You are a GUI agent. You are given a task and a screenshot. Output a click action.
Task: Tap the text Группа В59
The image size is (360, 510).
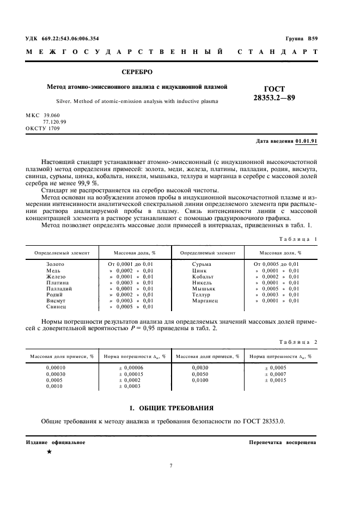tap(302, 39)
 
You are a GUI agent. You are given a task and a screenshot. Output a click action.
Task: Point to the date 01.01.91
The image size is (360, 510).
tap(306, 141)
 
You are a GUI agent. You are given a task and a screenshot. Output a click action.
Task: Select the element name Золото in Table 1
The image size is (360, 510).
tap(55, 264)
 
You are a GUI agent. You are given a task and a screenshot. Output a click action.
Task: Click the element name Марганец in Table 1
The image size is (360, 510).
tap(205, 300)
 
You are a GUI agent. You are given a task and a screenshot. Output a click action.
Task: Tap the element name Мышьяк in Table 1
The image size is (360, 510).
tap(204, 288)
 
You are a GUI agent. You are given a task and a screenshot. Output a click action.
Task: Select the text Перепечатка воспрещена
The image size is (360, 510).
tap(282, 442)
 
